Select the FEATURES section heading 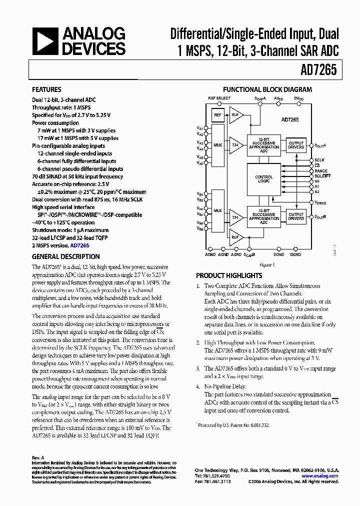(x=46, y=90)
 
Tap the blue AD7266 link (x=79, y=245)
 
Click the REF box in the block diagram (x=217, y=115)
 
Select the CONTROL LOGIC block (x=264, y=179)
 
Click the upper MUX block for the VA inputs (x=217, y=145)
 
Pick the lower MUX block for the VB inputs (x=217, y=210)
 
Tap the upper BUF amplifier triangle (x=234, y=115)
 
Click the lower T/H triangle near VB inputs (x=234, y=217)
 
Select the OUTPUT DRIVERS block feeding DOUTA (x=296, y=145)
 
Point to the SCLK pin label (x=319, y=160)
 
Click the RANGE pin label (x=321, y=170)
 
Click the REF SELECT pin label (x=219, y=98)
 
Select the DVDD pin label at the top (x=299, y=99)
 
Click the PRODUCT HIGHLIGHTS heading (x=229, y=275)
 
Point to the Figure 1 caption (x=267, y=265)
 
